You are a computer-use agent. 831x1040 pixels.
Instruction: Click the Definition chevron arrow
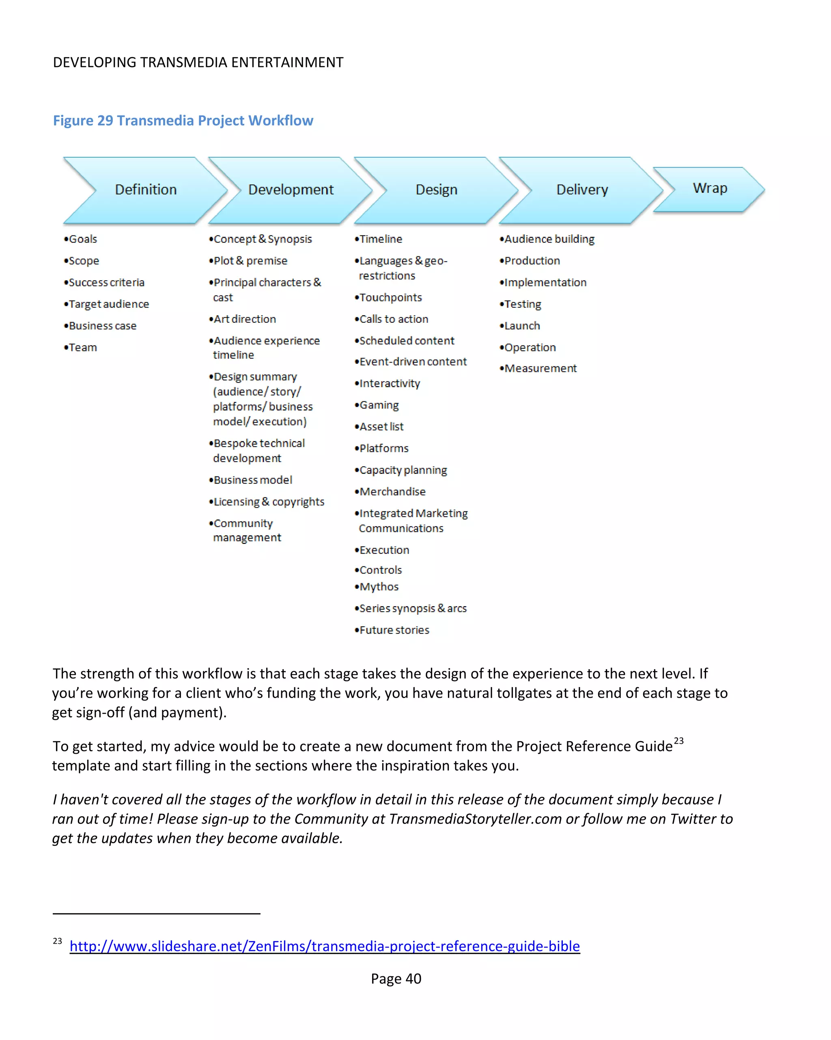point(146,190)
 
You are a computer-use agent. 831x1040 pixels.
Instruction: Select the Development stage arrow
point(291,190)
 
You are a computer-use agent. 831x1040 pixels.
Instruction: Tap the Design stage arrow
point(436,190)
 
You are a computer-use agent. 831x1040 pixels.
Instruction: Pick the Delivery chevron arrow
point(582,190)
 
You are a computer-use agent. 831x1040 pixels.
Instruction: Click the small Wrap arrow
point(710,188)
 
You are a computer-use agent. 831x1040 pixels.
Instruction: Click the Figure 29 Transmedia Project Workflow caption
point(183,121)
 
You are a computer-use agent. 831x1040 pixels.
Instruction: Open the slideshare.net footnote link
point(324,946)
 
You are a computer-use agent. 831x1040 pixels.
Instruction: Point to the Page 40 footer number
point(396,979)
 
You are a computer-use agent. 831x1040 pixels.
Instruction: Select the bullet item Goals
point(82,239)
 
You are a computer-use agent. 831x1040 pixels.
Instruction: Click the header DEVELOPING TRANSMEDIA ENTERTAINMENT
point(198,63)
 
